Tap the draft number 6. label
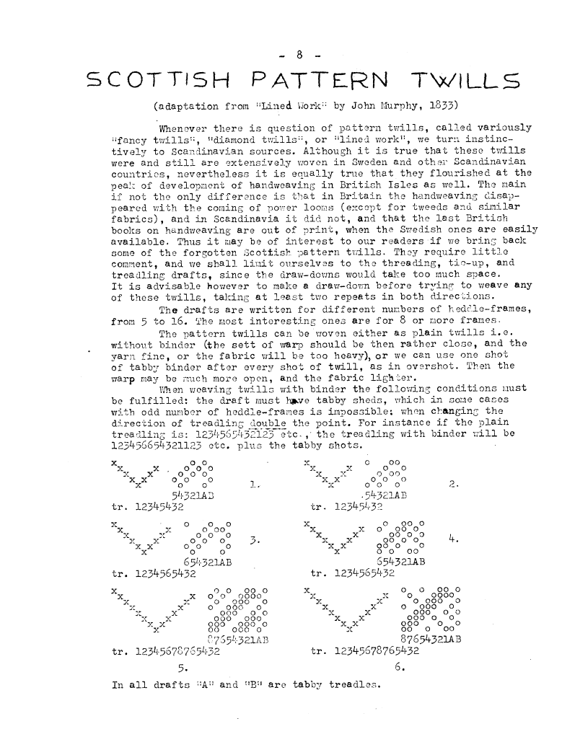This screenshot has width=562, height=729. (x=400, y=666)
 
